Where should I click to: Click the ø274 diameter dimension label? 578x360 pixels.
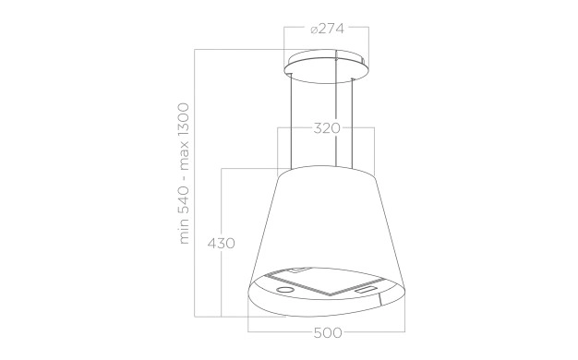[327, 29]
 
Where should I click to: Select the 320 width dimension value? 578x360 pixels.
[327, 128]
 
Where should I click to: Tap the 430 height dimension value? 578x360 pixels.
[222, 243]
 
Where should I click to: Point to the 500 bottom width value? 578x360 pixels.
[328, 332]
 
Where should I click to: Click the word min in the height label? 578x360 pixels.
[184, 232]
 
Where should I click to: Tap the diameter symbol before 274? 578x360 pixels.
[314, 30]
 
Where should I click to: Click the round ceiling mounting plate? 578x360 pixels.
[326, 66]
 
